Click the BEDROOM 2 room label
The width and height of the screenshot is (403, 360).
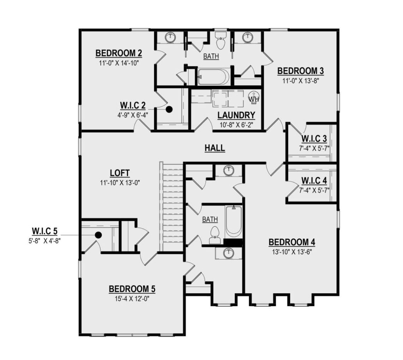click(119, 53)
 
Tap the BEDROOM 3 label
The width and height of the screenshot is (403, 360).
click(300, 71)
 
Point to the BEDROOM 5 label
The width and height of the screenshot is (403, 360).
click(132, 289)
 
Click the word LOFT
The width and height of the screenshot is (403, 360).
click(119, 173)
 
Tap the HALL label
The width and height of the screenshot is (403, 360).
click(215, 148)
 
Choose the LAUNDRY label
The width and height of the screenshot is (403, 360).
click(236, 115)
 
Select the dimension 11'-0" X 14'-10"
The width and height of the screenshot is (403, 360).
click(119, 63)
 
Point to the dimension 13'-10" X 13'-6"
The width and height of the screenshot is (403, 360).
click(292, 252)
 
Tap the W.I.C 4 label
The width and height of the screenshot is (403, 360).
click(314, 181)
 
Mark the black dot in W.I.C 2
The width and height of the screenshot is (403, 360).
click(170, 109)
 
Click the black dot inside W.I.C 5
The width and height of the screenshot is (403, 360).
click(99, 234)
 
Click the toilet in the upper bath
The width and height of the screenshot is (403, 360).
click(221, 41)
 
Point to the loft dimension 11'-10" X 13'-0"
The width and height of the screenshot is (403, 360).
click(119, 183)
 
